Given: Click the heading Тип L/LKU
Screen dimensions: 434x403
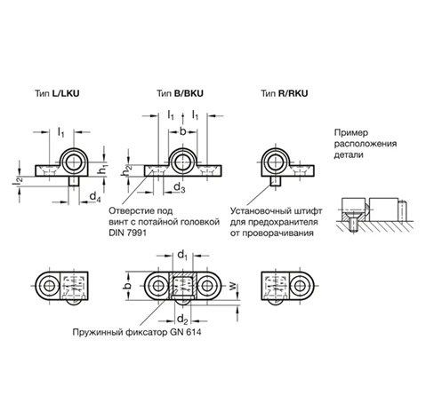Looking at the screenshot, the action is pos(57,93).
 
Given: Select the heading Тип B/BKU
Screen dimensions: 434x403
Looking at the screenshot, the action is pos(180,93).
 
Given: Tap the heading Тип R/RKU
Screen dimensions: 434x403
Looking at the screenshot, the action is pos(285,93).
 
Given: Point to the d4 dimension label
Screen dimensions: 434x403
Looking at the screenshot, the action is pos(95,197).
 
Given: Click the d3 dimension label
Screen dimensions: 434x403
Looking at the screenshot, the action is pos(180,187).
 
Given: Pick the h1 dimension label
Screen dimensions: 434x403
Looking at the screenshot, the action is pos(103,170).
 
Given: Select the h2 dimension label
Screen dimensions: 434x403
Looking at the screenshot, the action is pos(127,170).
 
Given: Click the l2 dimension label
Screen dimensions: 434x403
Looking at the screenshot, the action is pos(17,180).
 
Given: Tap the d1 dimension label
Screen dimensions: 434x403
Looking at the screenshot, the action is pos(182,255).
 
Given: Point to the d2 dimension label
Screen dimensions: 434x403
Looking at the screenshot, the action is pos(182,320).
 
